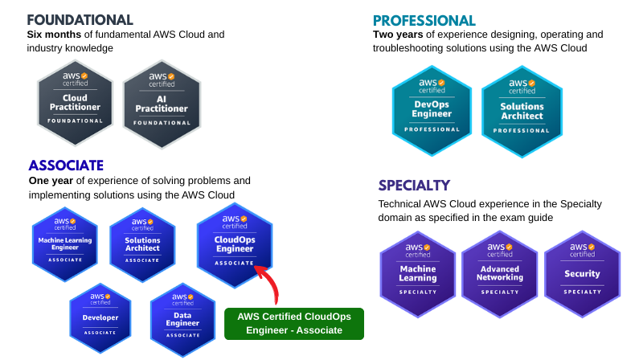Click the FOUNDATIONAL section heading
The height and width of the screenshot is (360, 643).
point(80,20)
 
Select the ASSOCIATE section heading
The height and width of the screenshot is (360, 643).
point(66,166)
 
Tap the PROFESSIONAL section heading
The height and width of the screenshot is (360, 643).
point(424,21)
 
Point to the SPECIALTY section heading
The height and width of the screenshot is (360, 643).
point(414,186)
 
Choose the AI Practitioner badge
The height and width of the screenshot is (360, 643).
point(161,102)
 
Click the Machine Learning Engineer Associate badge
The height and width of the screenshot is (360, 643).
point(65,243)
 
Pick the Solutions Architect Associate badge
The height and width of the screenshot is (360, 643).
point(142,243)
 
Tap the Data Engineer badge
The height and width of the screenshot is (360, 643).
point(182,319)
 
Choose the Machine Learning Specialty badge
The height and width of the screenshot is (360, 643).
point(418,273)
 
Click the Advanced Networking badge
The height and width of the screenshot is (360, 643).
point(500,273)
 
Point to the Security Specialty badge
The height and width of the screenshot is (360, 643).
point(582,273)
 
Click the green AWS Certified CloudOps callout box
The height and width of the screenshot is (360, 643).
point(294,323)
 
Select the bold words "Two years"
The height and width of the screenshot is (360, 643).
point(399,35)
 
